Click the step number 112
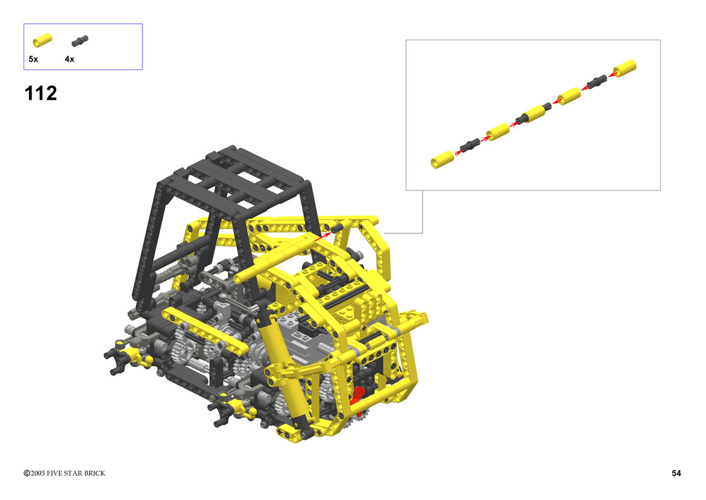40,93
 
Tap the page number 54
676,473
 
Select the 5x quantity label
33,59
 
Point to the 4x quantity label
69,59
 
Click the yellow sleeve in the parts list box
42,40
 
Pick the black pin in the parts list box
80,41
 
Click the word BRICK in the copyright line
95,473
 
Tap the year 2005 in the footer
38,473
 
